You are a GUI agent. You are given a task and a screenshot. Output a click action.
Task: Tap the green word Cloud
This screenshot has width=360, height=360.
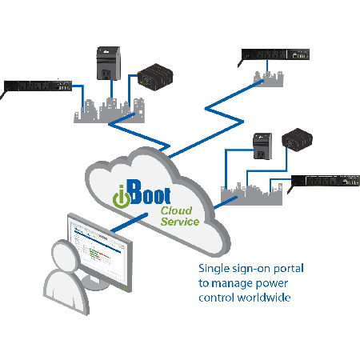[176, 210]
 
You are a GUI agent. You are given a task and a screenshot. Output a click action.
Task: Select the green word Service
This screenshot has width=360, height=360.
[179, 222]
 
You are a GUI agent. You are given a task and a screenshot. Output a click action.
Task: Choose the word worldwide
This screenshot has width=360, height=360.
[268, 298]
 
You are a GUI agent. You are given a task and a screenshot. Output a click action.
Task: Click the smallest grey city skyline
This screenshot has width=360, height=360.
[269, 78]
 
